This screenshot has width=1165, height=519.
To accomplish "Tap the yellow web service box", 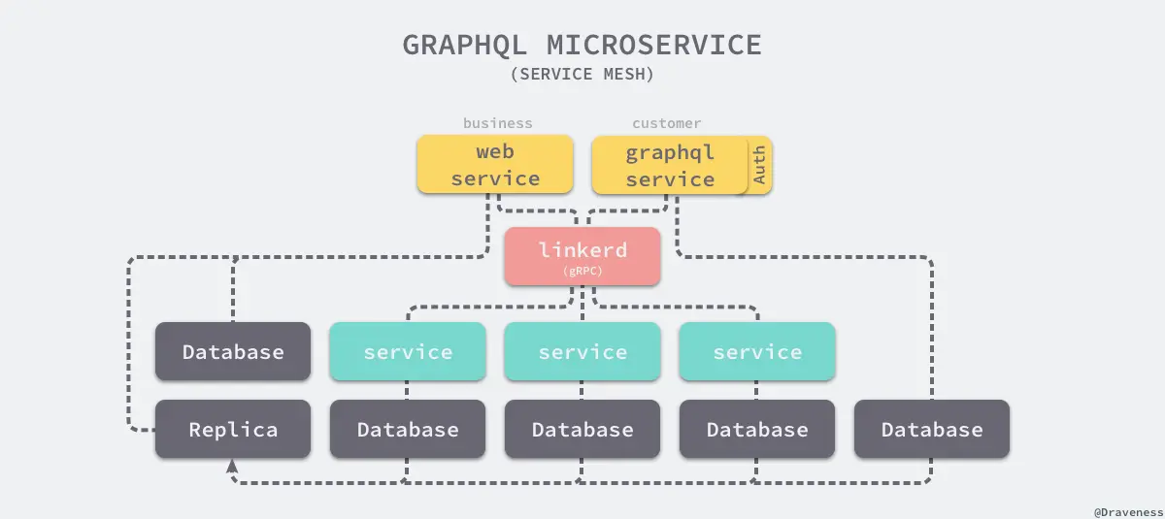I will pos(495,165).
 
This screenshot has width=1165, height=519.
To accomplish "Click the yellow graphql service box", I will pos(669,165).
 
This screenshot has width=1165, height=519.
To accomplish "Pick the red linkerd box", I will pos(582,256).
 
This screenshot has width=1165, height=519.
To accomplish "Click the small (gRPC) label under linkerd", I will pos(582,272).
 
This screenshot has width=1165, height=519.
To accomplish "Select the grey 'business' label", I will pos(497,123).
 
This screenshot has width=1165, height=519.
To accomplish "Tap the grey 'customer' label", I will pos(666,123).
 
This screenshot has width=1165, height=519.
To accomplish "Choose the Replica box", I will pos(233,429).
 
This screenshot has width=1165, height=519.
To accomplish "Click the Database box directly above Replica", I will pos(233,351).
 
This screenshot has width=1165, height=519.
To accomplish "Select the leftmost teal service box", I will pos(408,351).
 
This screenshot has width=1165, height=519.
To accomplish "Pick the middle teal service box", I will pos(582,351).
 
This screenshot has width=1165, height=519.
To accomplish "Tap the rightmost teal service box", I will pos(757,351).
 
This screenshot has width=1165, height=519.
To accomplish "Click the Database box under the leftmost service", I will pos(408,429).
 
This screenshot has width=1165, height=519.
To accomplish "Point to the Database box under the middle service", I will pos(582,429).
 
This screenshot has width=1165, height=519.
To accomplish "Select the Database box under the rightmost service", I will pos(757,429).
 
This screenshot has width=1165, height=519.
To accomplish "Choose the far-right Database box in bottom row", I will pos(932,429).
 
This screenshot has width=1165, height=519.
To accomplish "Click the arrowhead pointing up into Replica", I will pos(233,467).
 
